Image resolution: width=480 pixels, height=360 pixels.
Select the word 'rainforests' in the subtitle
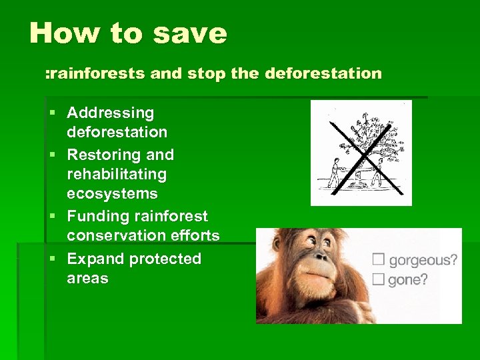[98, 73]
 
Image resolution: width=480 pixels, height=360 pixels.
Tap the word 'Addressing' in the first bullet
[110, 113]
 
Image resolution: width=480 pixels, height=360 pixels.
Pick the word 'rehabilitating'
[117, 175]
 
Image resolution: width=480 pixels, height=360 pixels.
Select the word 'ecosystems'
[112, 194]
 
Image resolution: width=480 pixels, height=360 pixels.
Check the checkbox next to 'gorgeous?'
[379, 259]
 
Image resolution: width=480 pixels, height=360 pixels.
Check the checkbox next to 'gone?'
[379, 279]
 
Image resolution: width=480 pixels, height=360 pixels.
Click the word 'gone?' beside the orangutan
[407, 280]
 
